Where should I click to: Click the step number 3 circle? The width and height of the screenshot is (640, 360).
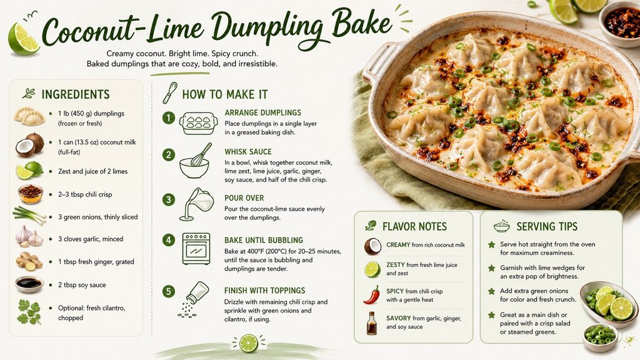click(169, 199)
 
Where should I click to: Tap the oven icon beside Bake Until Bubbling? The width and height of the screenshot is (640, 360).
click(196, 249)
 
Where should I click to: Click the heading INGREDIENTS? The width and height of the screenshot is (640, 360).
click(76, 94)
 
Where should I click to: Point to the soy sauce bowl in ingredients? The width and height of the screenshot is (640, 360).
click(29, 284)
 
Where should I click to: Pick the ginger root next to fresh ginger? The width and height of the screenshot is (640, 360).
click(29, 261)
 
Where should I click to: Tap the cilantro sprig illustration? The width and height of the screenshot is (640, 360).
click(29, 312)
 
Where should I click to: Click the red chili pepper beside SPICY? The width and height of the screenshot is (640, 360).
click(372, 295)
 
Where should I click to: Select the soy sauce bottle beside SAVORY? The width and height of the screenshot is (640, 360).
click(371, 323)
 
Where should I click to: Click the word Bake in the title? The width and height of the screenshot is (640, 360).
click(362, 24)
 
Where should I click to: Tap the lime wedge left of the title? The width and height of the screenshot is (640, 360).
click(24, 39)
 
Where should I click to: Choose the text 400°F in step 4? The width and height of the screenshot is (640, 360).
click(252, 251)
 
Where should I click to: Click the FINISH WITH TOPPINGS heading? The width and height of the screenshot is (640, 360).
click(264, 291)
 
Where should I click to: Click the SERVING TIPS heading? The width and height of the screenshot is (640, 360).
click(547, 226)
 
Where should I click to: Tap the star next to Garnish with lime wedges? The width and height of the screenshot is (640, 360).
click(491, 268)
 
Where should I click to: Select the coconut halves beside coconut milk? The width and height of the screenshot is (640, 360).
click(30, 145)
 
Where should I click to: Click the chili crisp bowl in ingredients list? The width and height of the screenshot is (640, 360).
click(30, 194)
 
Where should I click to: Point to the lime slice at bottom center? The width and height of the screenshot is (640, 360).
click(249, 343)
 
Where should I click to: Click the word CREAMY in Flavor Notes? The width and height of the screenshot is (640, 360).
click(398, 245)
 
